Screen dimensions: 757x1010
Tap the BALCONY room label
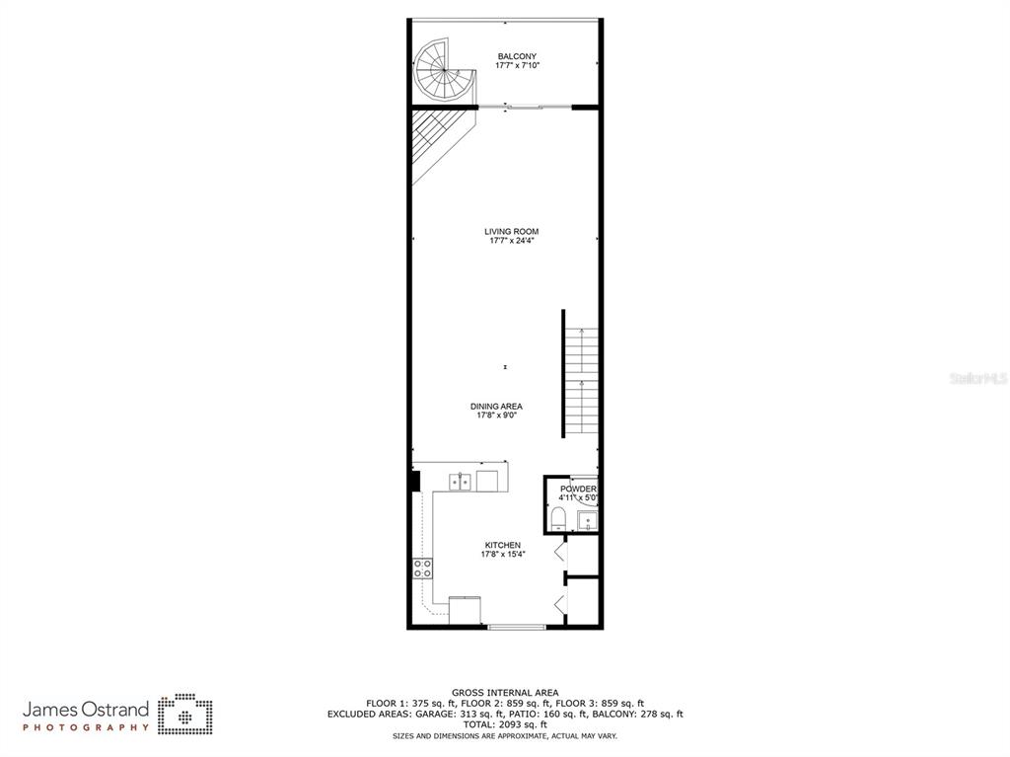(517, 56)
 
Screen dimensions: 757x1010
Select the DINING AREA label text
(496, 406)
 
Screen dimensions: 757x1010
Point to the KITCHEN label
(502, 545)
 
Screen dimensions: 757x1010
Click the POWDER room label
(578, 489)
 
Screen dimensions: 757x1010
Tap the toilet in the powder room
(558, 519)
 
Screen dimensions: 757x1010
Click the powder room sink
(586, 520)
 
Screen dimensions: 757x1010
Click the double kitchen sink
(460, 482)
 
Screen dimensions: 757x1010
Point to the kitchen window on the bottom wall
(516, 627)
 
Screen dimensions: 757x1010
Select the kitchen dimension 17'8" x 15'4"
(502, 555)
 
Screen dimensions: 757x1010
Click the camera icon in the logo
(185, 715)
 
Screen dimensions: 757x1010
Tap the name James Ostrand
(86, 710)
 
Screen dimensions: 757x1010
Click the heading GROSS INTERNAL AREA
(505, 693)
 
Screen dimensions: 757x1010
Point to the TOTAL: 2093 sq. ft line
(505, 724)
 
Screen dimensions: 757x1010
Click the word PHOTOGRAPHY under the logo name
(86, 727)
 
